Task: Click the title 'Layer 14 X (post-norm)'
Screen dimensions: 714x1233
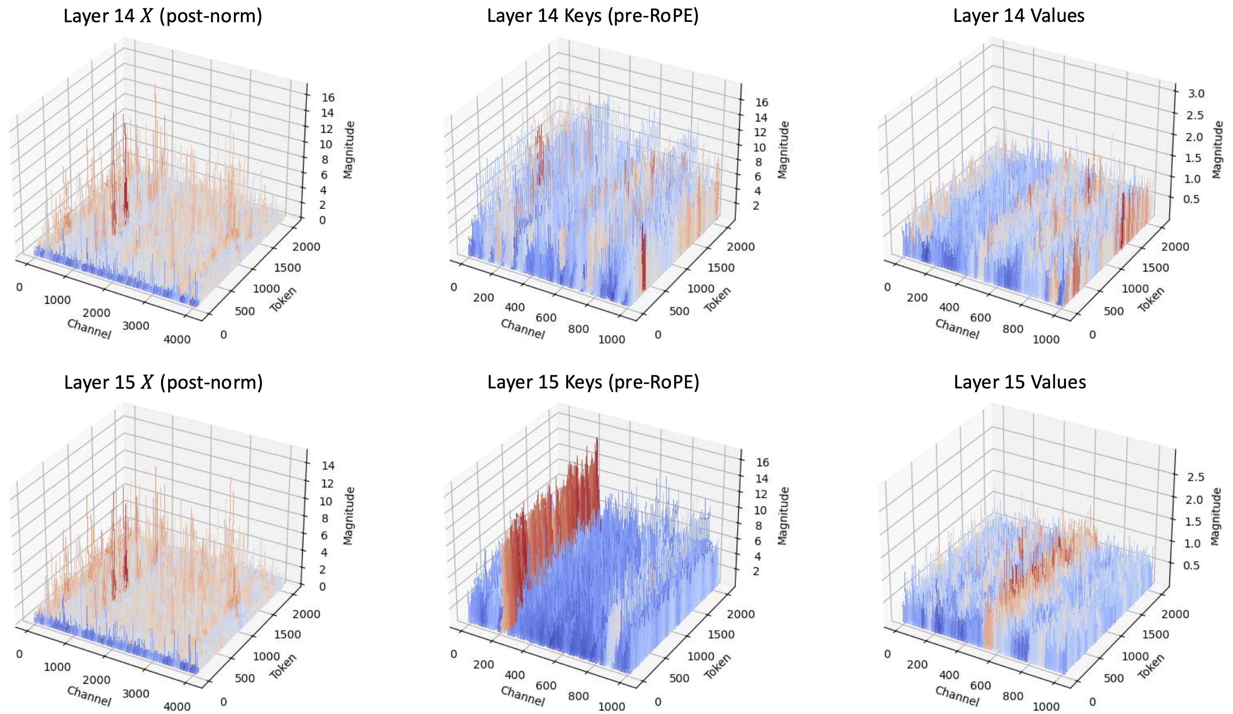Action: pyautogui.click(x=163, y=16)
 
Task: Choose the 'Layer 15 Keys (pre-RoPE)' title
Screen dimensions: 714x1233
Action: pyautogui.click(x=593, y=382)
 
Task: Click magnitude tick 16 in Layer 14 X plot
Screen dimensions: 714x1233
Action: pyautogui.click(x=328, y=97)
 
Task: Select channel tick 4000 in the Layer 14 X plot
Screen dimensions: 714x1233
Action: pyautogui.click(x=177, y=339)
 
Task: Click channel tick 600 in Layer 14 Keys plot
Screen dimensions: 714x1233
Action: pyautogui.click(x=546, y=318)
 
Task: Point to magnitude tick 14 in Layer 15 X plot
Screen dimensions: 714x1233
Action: pyautogui.click(x=328, y=465)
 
